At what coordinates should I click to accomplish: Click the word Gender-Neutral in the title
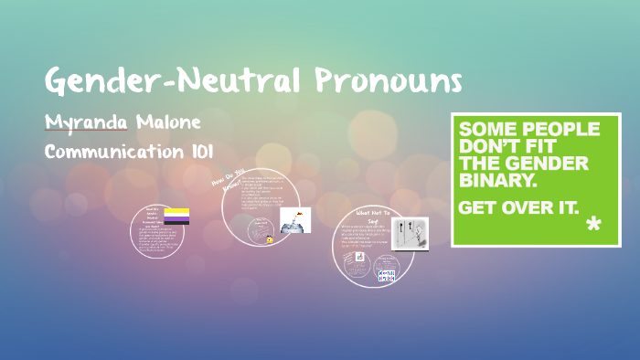[x=173, y=82]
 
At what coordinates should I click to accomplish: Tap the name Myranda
[x=88, y=122]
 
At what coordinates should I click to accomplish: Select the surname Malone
[x=169, y=122]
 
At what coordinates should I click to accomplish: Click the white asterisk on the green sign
[x=592, y=224]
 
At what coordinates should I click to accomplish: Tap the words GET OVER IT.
[x=517, y=207]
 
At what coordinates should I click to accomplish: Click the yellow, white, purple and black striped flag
[x=177, y=217]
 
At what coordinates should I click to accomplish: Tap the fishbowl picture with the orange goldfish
[x=294, y=219]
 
